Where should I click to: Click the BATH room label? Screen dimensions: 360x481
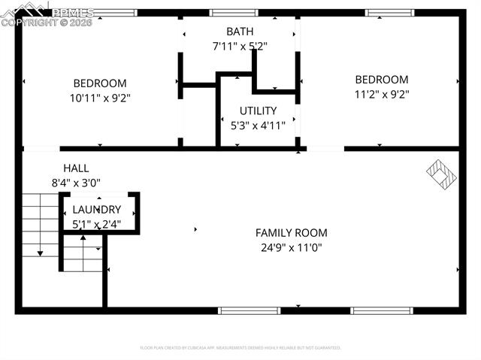(240, 32)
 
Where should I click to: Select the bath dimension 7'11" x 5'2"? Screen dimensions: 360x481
(240, 46)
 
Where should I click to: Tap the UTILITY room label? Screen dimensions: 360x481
(258, 110)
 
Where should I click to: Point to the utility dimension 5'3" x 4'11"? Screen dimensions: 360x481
(258, 126)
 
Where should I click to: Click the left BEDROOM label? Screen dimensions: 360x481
(99, 83)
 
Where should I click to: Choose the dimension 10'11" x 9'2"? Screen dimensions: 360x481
(99, 98)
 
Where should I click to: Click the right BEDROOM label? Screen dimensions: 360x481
(382, 80)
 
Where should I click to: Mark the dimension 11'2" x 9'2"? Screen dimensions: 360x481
(382, 95)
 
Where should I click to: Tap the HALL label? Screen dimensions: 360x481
(76, 168)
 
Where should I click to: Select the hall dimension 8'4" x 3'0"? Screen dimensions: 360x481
(76, 183)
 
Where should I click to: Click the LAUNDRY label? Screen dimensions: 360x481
(96, 210)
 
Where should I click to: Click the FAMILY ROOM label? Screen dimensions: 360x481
(291, 233)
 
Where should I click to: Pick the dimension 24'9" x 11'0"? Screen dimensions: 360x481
(291, 247)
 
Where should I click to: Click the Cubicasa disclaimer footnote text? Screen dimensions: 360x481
(240, 348)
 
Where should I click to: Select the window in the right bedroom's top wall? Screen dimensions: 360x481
(389, 13)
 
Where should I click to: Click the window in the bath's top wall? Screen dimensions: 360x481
(233, 13)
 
